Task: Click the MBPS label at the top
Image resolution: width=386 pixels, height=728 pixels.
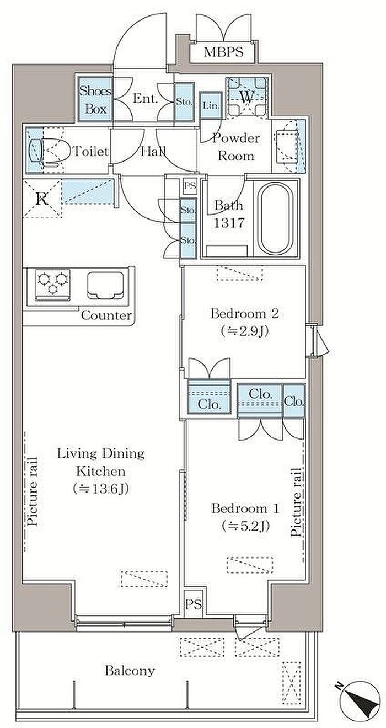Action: click(x=223, y=52)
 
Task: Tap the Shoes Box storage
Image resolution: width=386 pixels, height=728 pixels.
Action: click(x=95, y=99)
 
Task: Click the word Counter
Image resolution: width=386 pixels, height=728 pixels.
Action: click(x=106, y=315)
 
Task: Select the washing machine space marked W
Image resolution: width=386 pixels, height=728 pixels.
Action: click(x=247, y=97)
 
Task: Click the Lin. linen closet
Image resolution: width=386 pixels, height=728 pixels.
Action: click(x=211, y=105)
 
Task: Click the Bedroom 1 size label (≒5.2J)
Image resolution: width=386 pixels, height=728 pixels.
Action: click(x=245, y=526)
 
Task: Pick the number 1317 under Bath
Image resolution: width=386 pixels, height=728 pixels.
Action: click(x=229, y=223)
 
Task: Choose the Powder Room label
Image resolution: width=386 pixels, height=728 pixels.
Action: click(x=236, y=147)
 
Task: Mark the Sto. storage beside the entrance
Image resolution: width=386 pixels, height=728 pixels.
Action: click(x=185, y=102)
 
